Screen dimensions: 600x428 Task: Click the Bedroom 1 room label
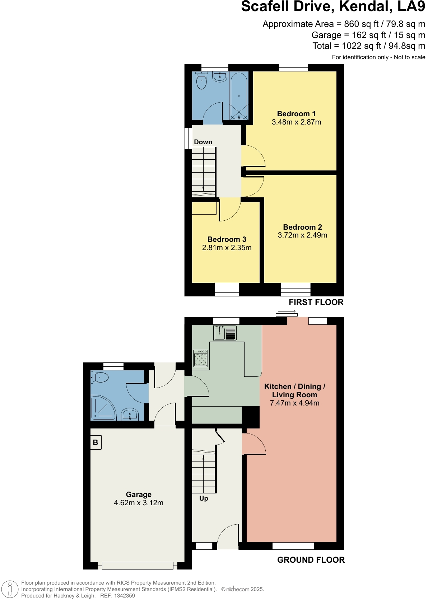point(296,114)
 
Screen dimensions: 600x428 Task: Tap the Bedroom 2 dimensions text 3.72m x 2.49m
point(302,235)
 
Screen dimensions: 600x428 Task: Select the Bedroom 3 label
point(227,239)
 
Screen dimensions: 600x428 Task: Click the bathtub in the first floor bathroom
point(239,96)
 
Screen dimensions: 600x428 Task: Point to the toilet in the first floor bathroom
point(202,81)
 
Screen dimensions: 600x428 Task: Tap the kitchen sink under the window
point(219,333)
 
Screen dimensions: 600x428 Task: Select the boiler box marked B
point(96,442)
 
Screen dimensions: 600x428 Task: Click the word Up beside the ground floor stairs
point(204,498)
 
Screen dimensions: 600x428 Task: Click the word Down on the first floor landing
point(203,142)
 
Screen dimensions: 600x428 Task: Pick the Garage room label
point(139,494)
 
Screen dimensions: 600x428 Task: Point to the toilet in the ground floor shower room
point(100,378)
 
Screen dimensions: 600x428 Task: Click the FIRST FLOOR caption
point(316,303)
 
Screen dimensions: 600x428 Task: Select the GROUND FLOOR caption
point(311,560)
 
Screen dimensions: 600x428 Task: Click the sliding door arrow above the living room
point(287,311)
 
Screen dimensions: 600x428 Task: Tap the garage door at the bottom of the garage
point(138,566)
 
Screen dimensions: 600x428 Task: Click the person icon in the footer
point(10,589)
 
